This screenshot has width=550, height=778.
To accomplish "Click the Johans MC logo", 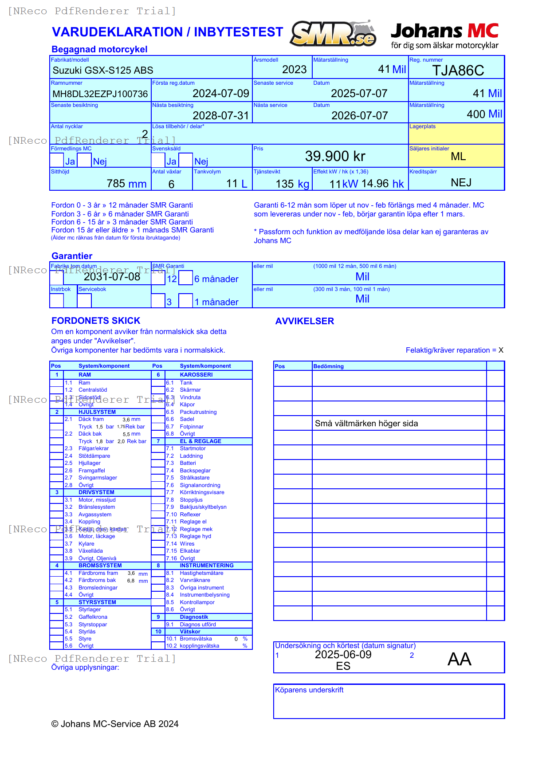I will click(x=444, y=35).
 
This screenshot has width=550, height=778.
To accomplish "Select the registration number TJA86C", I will click(x=458, y=71).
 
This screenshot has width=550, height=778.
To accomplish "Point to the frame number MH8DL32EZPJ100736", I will click(x=100, y=94).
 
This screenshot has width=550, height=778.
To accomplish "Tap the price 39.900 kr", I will click(x=335, y=156).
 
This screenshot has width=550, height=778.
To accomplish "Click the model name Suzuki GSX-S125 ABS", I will click(x=103, y=70).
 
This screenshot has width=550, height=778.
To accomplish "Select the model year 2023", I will click(x=294, y=70).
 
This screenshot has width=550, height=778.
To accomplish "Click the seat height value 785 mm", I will click(x=126, y=184).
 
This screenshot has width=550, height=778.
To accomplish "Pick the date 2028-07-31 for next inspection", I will click(x=221, y=116).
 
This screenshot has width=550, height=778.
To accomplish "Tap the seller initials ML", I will click(x=458, y=157).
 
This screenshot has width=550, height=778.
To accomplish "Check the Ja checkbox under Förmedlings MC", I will click(x=57, y=160).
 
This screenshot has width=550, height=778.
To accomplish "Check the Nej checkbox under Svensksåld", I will click(x=186, y=160).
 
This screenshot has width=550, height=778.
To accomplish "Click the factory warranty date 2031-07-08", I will click(x=112, y=277).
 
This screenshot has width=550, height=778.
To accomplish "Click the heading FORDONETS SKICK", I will click(x=96, y=321).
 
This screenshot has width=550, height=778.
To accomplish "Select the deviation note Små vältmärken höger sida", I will click(x=366, y=424).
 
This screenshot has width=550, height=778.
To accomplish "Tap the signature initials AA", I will click(x=459, y=659).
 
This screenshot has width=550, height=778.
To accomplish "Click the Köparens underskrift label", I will click(x=309, y=690).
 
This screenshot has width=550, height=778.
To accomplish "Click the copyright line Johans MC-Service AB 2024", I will click(x=115, y=724).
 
